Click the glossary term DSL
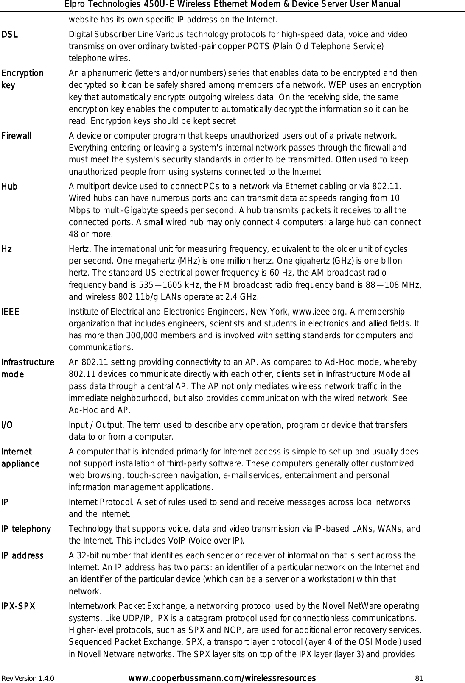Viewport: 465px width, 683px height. point(10,35)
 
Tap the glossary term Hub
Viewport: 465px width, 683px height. point(9,187)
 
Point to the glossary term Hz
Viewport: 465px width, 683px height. point(6,249)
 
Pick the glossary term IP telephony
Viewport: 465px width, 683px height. point(26,529)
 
